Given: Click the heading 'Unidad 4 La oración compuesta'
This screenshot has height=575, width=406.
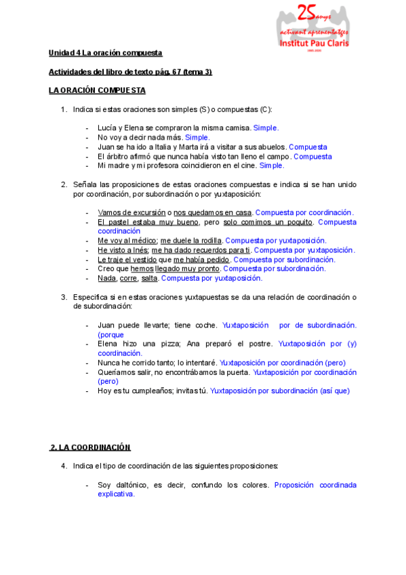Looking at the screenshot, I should tap(105, 53).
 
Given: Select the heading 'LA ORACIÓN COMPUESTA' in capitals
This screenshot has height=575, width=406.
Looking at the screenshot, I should tap(97, 90).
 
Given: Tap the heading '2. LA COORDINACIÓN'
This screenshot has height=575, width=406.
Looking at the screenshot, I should tap(90, 448).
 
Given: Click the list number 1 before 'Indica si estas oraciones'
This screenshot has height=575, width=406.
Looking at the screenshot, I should tap(63, 109).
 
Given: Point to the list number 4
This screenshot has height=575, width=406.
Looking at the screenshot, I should tap(63, 466).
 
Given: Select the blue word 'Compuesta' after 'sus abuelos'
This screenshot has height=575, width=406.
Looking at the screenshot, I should tap(308, 146).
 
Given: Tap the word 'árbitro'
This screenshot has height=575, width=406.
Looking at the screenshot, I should tap(119, 156).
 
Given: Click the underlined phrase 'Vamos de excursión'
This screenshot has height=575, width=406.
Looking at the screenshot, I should tap(131, 212).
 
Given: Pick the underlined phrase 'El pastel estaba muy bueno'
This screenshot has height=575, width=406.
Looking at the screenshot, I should tap(148, 222).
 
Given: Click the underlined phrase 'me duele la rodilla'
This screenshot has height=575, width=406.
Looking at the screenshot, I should tap(191, 241).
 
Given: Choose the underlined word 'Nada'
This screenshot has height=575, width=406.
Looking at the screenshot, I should tap(106, 278).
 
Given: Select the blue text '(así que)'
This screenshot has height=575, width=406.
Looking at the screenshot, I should tap(335, 391).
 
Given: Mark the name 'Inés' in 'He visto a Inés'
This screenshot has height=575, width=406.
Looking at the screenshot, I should tap(139, 250).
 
